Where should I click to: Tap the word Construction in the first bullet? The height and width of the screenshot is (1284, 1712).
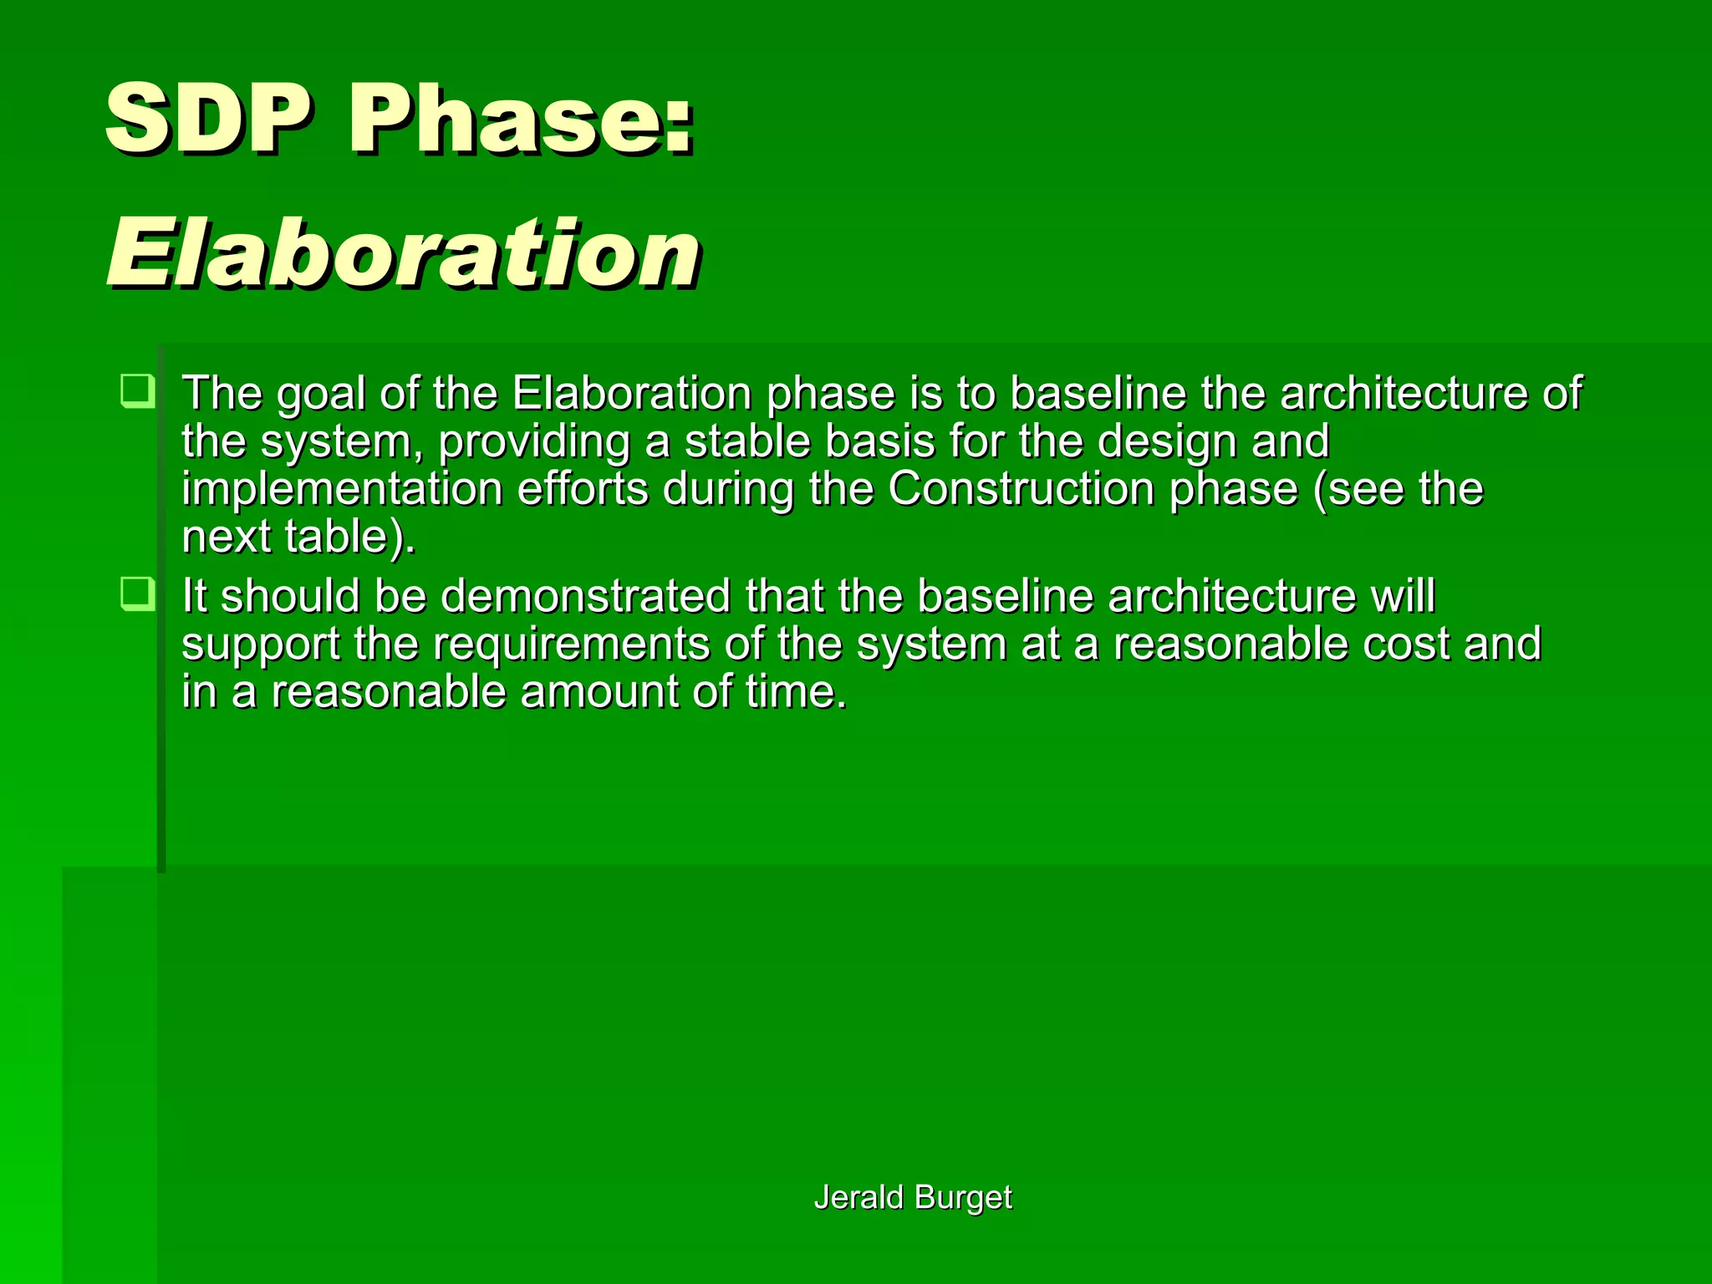point(1021,489)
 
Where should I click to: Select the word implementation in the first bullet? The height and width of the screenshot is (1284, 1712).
point(342,491)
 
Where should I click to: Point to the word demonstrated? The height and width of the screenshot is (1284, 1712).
point(585,596)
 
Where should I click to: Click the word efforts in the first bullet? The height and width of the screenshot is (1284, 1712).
point(583,489)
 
